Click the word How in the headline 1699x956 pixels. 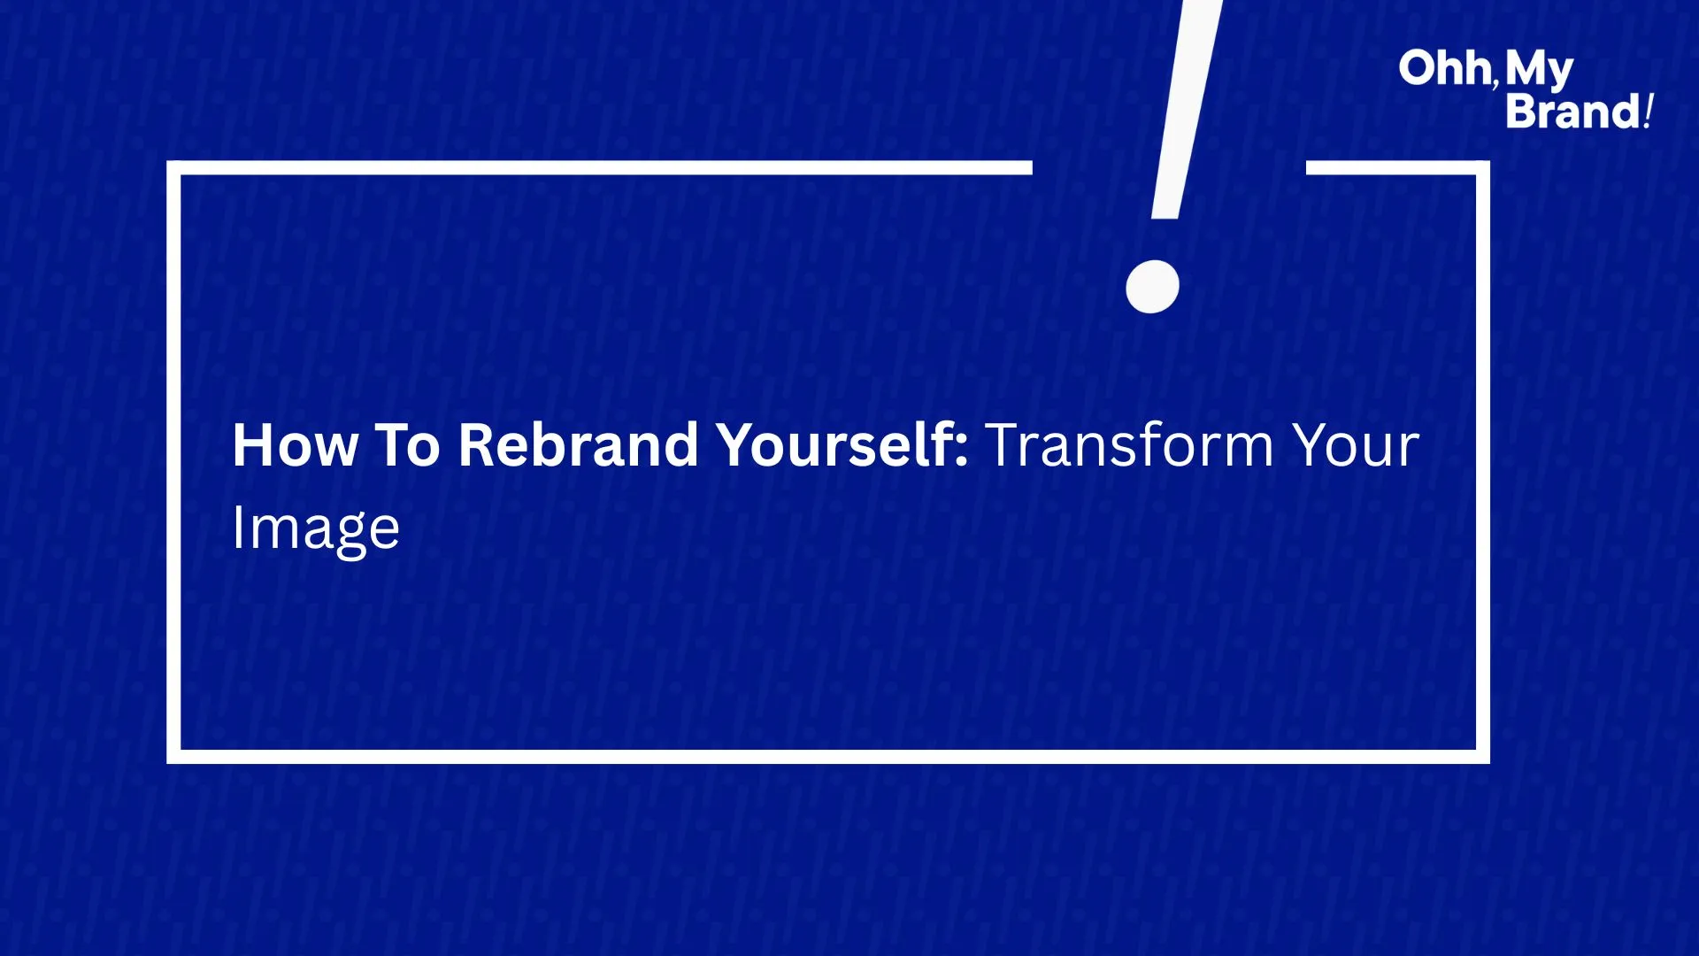point(296,444)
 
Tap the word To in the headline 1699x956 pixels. point(408,444)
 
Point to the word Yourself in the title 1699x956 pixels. point(834,444)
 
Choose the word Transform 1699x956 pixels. point(1129,444)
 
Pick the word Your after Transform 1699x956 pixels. point(1356,444)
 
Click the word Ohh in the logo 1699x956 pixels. point(1445,68)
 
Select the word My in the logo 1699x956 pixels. point(1539,71)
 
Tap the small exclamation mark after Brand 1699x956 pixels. point(1648,112)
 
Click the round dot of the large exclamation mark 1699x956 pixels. point(1152,286)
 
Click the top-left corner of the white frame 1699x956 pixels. point(173,168)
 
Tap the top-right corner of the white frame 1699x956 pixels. point(1483,168)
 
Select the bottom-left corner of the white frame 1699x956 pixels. point(173,757)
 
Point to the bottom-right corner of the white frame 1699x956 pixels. point(1483,757)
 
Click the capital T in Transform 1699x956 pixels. point(1003,444)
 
